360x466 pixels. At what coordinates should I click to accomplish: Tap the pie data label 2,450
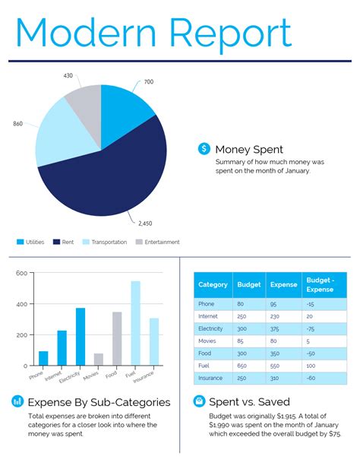146,223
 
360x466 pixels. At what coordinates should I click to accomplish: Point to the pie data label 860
18,123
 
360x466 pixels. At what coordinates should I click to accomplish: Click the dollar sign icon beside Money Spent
204,149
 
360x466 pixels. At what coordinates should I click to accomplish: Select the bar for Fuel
135,323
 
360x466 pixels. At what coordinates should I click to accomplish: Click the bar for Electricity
81,336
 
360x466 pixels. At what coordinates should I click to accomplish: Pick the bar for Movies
99,359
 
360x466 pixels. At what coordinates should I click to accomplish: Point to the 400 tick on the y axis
21,304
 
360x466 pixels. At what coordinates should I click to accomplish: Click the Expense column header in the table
284,285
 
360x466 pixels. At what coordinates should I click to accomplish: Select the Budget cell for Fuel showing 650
243,366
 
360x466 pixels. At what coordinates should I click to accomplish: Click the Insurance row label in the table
210,378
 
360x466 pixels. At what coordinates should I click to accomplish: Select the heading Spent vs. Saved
249,402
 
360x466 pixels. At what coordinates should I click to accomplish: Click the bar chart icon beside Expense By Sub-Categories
17,401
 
